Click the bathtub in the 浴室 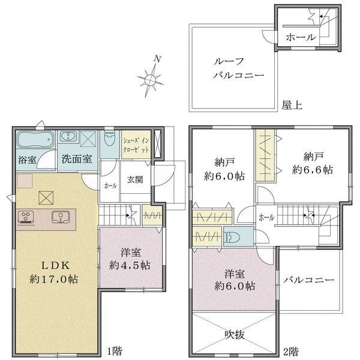[x=35, y=140]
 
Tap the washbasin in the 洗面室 [x=68, y=137]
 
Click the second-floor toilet [x=232, y=237]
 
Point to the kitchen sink [x=61, y=217]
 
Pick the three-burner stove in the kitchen [x=26, y=217]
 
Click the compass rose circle [x=151, y=80]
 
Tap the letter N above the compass [x=157, y=59]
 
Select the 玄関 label [x=135, y=180]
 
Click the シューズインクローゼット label [x=136, y=145]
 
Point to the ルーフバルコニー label [x=239, y=68]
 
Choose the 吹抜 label [x=235, y=335]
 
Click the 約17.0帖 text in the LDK [x=54, y=279]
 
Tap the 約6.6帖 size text [x=313, y=170]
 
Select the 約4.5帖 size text [x=130, y=265]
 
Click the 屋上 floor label [x=292, y=105]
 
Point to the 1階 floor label [x=115, y=351]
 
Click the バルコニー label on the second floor [x=308, y=280]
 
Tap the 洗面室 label [x=77, y=159]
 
